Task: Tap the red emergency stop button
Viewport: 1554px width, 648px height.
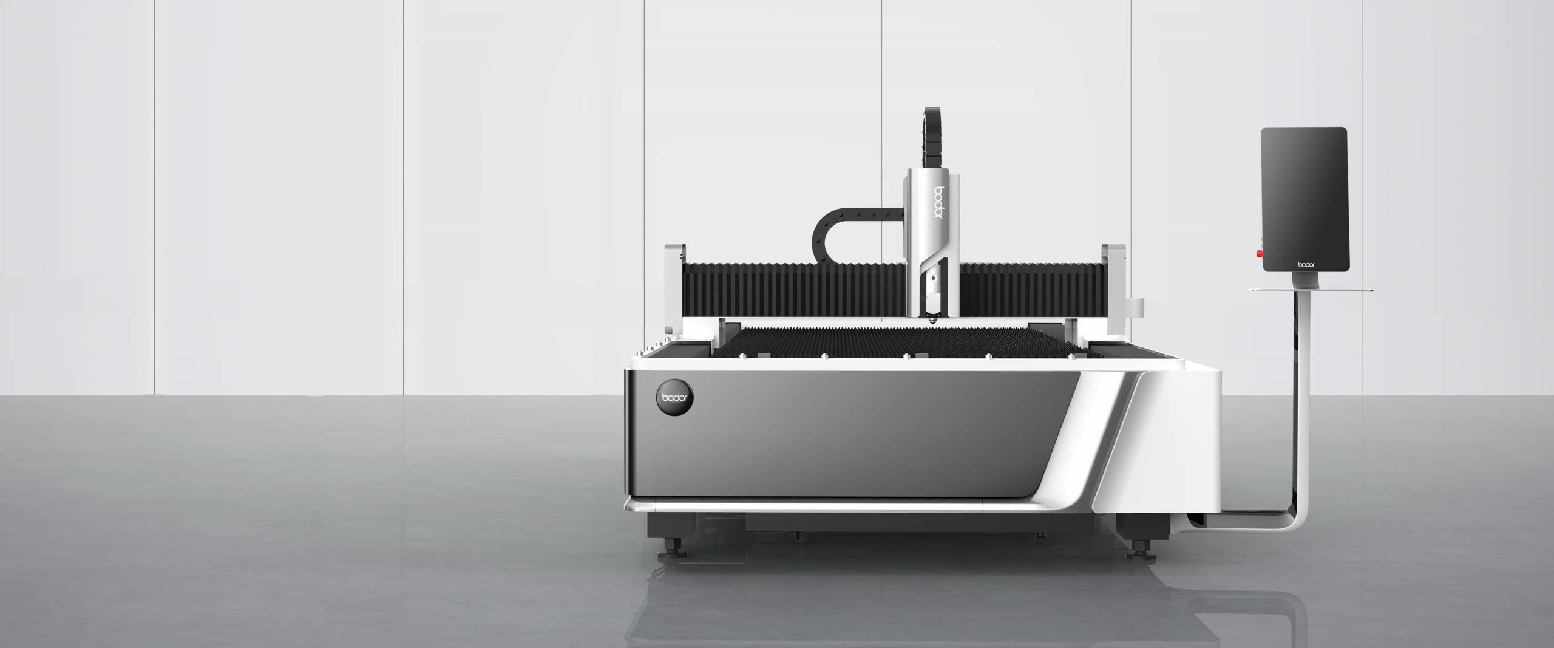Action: click(x=1259, y=253)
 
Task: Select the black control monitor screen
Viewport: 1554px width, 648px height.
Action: click(x=1305, y=199)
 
